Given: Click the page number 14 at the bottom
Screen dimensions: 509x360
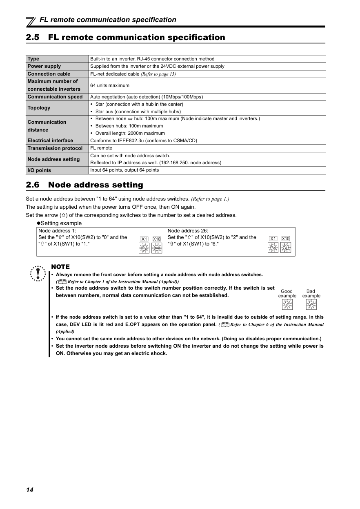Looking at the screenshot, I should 29,490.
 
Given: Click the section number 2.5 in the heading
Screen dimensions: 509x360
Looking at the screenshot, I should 33,38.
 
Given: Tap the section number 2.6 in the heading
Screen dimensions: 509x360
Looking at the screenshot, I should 33,185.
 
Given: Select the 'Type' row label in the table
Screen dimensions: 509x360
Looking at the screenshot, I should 33,59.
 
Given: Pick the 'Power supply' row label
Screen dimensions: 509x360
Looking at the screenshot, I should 44,66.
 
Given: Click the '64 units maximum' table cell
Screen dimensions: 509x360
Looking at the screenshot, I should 110,85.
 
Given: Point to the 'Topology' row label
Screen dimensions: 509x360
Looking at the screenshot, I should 39,108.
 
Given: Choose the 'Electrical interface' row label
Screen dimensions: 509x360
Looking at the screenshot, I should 50,141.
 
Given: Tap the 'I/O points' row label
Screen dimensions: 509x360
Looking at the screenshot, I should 39,170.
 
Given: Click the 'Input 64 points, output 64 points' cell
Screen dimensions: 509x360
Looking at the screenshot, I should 124,170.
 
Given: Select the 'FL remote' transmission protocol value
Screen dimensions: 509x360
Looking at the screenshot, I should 101,148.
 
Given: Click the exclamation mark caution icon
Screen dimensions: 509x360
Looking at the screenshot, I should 38,273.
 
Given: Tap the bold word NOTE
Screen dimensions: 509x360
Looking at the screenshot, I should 60,267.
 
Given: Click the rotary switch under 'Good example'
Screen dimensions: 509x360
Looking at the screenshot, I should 287,304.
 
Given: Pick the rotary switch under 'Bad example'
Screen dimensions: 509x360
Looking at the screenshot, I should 311,304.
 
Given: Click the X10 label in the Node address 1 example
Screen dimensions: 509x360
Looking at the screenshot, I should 157,239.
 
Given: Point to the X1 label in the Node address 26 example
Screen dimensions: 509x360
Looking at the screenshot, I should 273,239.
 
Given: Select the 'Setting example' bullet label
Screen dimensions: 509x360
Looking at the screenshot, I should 59,223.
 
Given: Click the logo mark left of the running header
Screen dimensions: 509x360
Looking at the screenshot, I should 31,20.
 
